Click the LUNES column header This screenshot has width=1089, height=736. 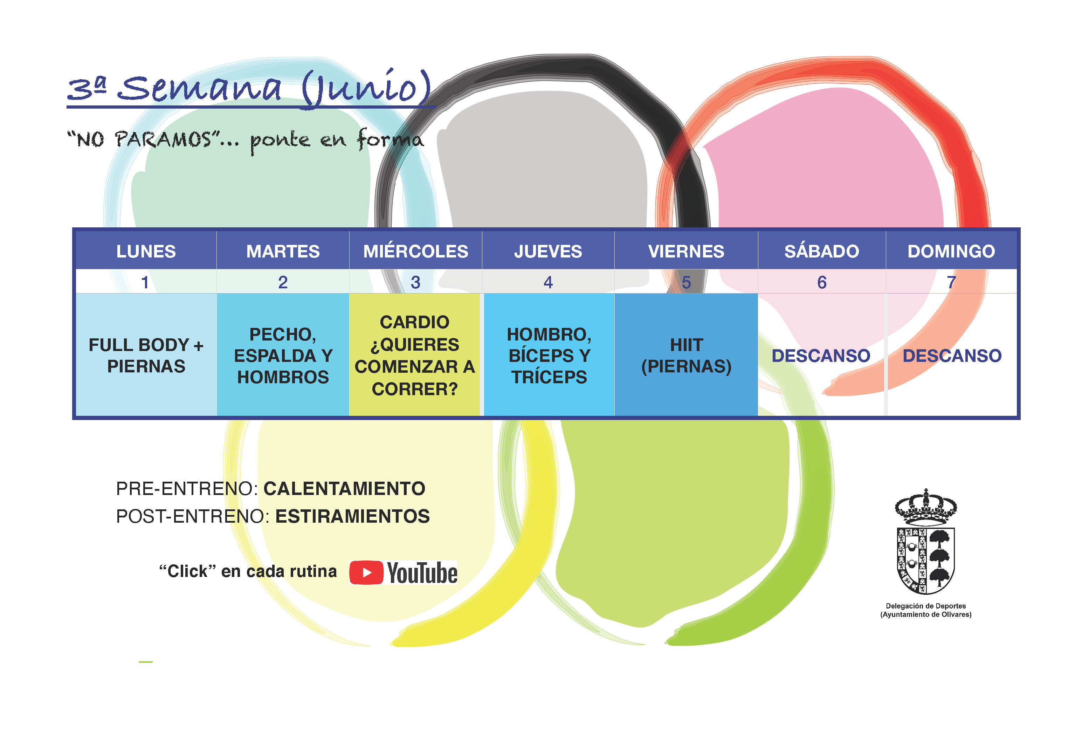(146, 251)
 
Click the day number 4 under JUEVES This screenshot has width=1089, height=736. (548, 282)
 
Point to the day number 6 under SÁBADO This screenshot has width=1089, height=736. (821, 282)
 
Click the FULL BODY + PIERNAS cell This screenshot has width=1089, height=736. (146, 355)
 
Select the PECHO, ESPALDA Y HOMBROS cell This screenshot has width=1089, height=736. (283, 355)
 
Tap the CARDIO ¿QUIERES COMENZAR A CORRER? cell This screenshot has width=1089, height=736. (415, 355)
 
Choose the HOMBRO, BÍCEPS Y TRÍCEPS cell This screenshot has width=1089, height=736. (549, 355)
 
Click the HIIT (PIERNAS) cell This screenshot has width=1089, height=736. (686, 355)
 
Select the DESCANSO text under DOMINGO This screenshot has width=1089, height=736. (952, 356)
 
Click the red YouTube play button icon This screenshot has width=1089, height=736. (366, 572)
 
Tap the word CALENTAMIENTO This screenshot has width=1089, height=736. (344, 489)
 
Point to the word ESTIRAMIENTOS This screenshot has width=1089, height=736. (352, 516)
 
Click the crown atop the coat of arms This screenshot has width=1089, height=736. (925, 507)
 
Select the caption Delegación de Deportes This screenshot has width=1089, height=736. (925, 606)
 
